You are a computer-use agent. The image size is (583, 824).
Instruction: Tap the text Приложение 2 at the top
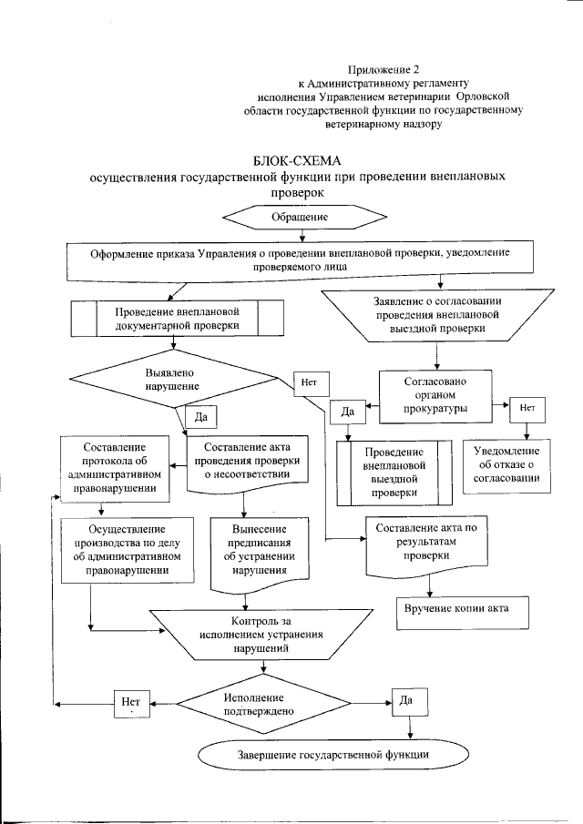click(386, 69)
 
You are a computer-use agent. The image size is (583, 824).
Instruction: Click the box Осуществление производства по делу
click(127, 550)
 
